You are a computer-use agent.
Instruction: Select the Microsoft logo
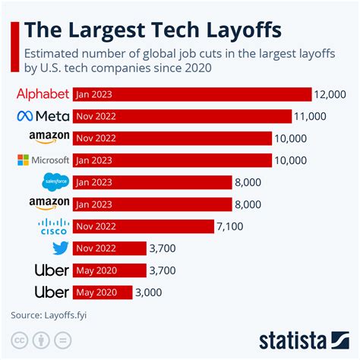[43, 160]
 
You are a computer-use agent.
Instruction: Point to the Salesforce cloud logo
[55, 182]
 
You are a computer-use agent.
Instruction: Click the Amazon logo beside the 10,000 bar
[49, 138]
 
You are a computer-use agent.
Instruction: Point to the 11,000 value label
[311, 116]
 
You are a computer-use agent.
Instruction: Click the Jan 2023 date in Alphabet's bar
[94, 95]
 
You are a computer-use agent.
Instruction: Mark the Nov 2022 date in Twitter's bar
[96, 248]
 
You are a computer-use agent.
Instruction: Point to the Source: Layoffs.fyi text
[44, 314]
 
